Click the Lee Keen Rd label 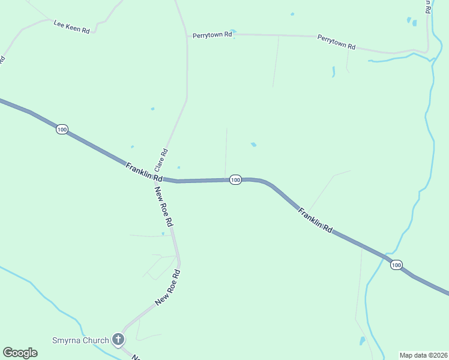tap(71, 26)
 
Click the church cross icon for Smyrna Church tap(118, 340)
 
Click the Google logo tap(20, 352)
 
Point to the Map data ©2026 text tap(424, 355)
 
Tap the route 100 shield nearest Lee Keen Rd tap(62, 129)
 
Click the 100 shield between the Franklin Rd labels tap(235, 179)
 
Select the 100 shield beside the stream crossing tap(396, 265)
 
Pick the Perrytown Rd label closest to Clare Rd tap(212, 35)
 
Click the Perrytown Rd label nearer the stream tap(336, 42)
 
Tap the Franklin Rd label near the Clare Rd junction tap(144, 172)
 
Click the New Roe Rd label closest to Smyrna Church tap(167, 287)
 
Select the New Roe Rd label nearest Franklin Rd tap(164, 206)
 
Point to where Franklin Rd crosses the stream tap(386, 257)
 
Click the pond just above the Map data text tap(362, 341)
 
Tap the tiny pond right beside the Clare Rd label tap(178, 167)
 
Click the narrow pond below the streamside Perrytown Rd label tap(333, 71)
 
